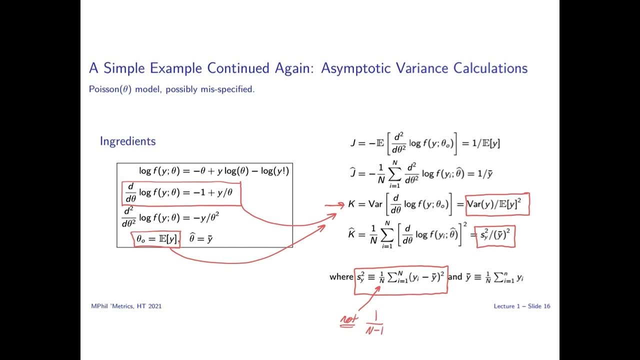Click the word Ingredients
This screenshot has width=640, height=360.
click(127, 141)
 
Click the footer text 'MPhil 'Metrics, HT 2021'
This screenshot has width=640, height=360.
click(126, 306)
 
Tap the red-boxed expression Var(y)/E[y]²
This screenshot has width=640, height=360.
click(497, 204)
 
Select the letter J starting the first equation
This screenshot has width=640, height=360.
click(353, 143)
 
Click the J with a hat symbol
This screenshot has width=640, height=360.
click(352, 173)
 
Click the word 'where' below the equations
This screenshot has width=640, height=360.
click(341, 276)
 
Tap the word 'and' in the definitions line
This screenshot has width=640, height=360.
click(455, 276)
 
